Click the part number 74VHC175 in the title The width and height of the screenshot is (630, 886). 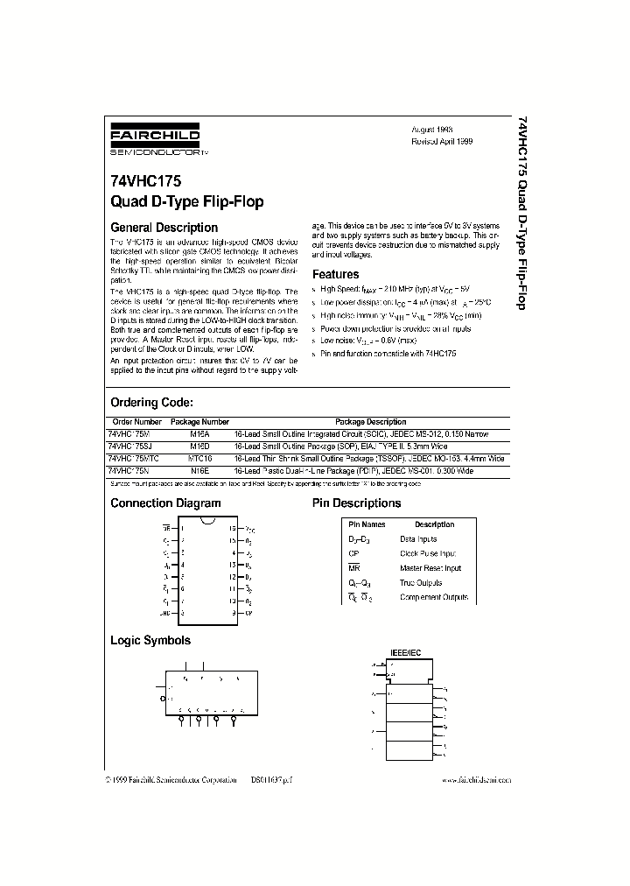coord(146,184)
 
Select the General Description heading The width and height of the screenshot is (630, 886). coord(164,228)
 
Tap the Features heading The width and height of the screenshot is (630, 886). coord(336,274)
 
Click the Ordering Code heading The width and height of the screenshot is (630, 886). coord(150,403)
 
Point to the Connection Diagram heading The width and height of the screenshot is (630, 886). coord(165,503)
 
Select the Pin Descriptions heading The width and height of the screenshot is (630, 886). coord(356,503)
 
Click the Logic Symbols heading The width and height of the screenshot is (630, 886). coord(150,640)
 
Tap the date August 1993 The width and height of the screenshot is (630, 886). coord(432,128)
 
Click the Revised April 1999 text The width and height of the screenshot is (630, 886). coord(442,140)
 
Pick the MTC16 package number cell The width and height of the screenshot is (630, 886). coord(200,458)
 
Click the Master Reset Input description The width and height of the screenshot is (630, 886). coord(430,568)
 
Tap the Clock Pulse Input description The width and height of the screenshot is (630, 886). coord(428,553)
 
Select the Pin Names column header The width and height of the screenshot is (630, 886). coord(367,524)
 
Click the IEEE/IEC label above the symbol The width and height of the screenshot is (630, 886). coord(398,654)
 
